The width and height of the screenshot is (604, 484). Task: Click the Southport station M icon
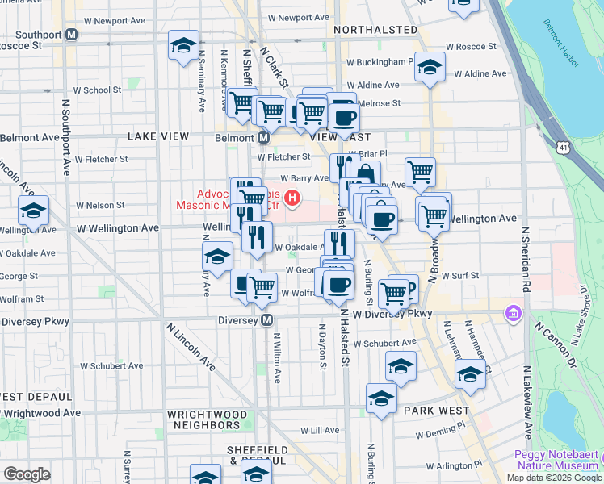coord(72,35)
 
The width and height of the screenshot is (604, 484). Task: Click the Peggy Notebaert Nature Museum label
coord(557,460)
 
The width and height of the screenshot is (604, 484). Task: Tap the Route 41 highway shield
coord(564,147)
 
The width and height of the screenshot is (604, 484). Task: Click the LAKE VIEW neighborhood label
coord(157,137)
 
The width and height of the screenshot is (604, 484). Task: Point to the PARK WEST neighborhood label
coord(437,411)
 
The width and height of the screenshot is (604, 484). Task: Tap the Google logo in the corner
coord(27,474)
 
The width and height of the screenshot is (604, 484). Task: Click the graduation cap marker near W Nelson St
coord(33,211)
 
